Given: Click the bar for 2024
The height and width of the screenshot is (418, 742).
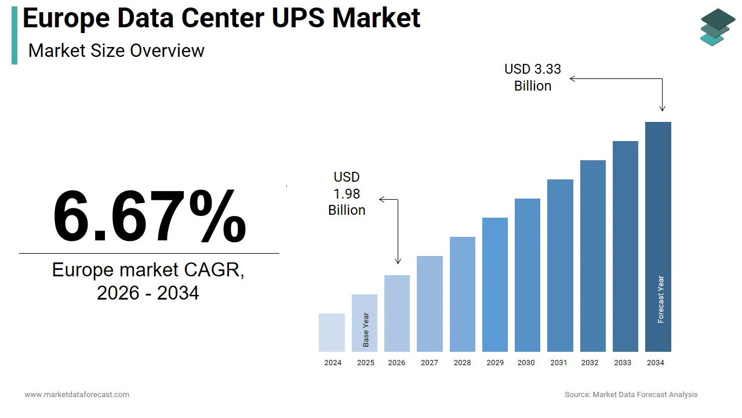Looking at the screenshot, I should pyautogui.click(x=332, y=332).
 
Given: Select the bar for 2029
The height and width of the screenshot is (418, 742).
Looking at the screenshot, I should pyautogui.click(x=494, y=284).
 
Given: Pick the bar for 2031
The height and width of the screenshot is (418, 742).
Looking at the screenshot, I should pyautogui.click(x=560, y=265).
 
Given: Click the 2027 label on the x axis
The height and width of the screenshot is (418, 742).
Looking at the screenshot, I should pyautogui.click(x=430, y=363).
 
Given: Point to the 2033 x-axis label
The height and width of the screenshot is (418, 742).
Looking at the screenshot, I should pyautogui.click(x=623, y=363).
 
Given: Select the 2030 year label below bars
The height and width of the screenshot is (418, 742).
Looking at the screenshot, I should pyautogui.click(x=526, y=363).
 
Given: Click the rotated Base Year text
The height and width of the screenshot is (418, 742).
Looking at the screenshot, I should pyautogui.click(x=366, y=330).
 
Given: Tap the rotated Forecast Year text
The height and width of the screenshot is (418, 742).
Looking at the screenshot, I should pyautogui.click(x=661, y=300).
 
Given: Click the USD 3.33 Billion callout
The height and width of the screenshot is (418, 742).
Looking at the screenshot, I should pyautogui.click(x=533, y=77).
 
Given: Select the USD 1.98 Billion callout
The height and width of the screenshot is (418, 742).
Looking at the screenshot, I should pyautogui.click(x=347, y=193).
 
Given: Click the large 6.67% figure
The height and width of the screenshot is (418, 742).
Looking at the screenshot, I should pyautogui.click(x=149, y=216).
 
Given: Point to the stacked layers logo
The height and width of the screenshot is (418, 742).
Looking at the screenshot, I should pyautogui.click(x=717, y=27).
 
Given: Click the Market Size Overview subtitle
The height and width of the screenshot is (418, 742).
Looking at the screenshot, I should pyautogui.click(x=116, y=51).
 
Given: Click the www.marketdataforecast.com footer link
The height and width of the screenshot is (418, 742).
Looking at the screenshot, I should pyautogui.click(x=77, y=395).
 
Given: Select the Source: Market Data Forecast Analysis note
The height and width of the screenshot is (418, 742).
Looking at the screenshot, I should pyautogui.click(x=631, y=395).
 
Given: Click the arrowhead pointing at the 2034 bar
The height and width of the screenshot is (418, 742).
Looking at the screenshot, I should pyautogui.click(x=662, y=109).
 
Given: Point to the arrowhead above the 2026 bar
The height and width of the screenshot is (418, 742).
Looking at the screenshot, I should pyautogui.click(x=398, y=261).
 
